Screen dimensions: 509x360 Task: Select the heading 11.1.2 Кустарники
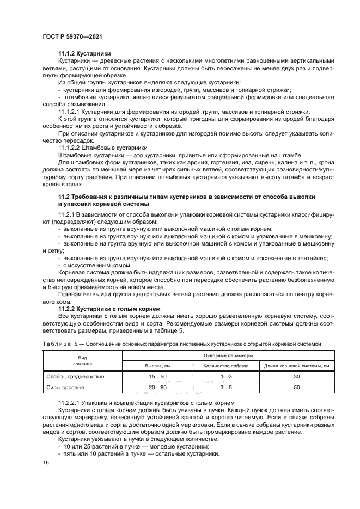84,54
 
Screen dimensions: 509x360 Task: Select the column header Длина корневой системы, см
296,366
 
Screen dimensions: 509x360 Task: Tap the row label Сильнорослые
64,387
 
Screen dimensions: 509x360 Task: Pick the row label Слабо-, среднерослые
74,376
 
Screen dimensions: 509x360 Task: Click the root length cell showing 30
296,376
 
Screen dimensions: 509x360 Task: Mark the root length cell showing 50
296,387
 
